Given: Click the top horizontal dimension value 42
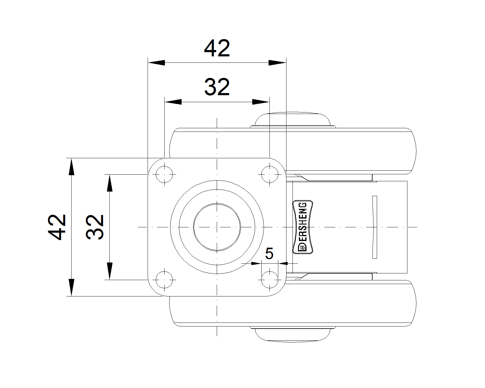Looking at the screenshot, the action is click(x=217, y=48).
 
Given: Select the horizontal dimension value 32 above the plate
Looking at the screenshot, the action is click(x=217, y=87).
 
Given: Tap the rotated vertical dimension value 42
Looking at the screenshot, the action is click(x=57, y=227).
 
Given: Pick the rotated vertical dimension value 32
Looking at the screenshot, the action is click(x=95, y=227).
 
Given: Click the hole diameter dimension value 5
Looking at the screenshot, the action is click(x=269, y=253).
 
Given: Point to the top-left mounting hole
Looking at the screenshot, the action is click(x=164, y=175).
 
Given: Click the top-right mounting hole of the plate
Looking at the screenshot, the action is click(x=270, y=175).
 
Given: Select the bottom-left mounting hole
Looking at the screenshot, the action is click(x=164, y=280).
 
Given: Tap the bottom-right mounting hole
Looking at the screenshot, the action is click(x=270, y=280).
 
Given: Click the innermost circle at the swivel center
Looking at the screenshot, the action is click(x=217, y=227).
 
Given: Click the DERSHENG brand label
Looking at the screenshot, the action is click(x=303, y=227).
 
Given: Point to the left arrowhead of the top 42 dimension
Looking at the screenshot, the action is click(x=156, y=63).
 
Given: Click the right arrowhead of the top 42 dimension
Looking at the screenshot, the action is click(x=277, y=63).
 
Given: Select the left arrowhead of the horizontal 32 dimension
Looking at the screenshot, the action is click(x=173, y=102).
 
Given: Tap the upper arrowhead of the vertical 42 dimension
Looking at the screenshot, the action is click(x=72, y=167).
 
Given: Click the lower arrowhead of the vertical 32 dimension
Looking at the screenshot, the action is click(x=109, y=271).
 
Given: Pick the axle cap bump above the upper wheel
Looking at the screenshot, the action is click(x=293, y=120).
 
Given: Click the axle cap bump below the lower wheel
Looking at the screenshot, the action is click(x=293, y=334).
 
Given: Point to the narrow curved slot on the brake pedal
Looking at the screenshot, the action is click(x=374, y=227).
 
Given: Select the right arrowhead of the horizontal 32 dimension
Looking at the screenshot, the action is click(x=261, y=102).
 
